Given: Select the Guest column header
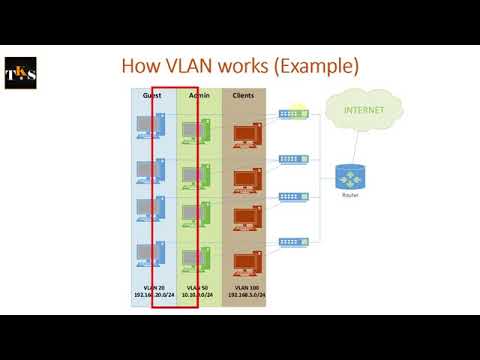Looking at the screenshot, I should click(x=153, y=95).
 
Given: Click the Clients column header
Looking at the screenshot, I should click(x=243, y=95).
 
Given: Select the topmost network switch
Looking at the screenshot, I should click(x=294, y=114).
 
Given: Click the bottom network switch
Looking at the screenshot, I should click(x=294, y=241).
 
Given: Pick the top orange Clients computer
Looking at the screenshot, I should click(x=244, y=134).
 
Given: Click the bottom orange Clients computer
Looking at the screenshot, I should click(x=244, y=262).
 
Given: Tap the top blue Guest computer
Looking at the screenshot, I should click(x=153, y=128).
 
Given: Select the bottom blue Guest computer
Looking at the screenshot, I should click(x=153, y=258).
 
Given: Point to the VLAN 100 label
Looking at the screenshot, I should click(x=243, y=288).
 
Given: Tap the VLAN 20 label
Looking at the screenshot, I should click(x=153, y=288).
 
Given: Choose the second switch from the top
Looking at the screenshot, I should click(x=294, y=159).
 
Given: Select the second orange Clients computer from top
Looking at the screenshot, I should click(x=244, y=178).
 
